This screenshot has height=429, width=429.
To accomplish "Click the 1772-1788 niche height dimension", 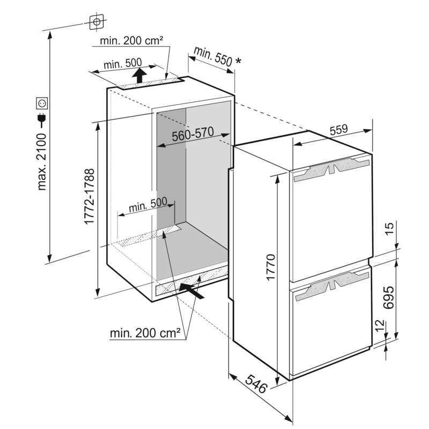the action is [89, 196].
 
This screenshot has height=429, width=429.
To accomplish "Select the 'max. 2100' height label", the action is [42, 162].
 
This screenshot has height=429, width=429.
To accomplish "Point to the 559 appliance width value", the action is [338, 130].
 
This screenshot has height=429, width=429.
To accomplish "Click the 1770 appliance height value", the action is [270, 267].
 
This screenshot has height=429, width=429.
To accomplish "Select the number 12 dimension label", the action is [380, 326].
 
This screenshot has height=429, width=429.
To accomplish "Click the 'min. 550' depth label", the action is [213, 57].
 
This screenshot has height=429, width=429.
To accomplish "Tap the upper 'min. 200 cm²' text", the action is [131, 41].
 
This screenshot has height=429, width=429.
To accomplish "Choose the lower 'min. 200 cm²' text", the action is [145, 333].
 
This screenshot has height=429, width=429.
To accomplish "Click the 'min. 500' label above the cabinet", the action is [123, 64].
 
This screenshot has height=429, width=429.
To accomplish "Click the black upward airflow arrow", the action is [139, 75].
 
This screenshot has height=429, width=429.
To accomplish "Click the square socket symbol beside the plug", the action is [42, 103].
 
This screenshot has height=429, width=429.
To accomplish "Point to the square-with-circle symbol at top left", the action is [97, 21].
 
